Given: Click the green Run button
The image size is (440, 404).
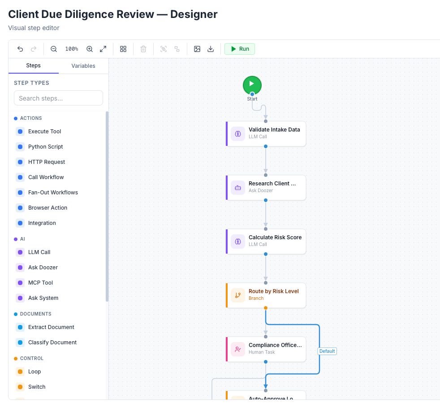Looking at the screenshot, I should pyautogui.click(x=240, y=49).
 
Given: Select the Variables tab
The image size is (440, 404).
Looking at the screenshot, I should pyautogui.click(x=83, y=66).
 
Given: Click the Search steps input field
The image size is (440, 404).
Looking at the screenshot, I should pyautogui.click(x=58, y=98).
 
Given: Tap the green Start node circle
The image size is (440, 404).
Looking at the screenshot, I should pyautogui.click(x=252, y=84).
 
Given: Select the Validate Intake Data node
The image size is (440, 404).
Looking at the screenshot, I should pyautogui.click(x=266, y=133).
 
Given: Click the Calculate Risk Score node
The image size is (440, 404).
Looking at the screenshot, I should pyautogui.click(x=266, y=241).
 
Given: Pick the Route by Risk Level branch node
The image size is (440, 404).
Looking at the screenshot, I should pyautogui.click(x=266, y=295).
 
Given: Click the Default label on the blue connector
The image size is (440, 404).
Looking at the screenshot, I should pyautogui.click(x=327, y=351).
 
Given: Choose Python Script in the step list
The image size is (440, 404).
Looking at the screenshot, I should pyautogui.click(x=45, y=147).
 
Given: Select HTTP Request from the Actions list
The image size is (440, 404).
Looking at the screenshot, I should pyautogui.click(x=46, y=162).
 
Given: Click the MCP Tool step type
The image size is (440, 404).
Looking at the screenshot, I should pyautogui.click(x=40, y=283).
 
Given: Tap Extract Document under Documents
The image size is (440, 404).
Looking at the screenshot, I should pyautogui.click(x=51, y=327).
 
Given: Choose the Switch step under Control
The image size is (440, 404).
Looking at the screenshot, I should pyautogui.click(x=37, y=387).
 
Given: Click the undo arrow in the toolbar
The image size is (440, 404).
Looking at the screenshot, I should pyautogui.click(x=20, y=49).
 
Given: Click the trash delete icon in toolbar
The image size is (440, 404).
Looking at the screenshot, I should pyautogui.click(x=143, y=49).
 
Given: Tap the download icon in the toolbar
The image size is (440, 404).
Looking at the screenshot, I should pyautogui.click(x=211, y=49).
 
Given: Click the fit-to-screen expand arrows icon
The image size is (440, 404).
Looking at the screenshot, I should pyautogui.click(x=103, y=49).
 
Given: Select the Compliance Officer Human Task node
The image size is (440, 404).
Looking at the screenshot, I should pyautogui.click(x=266, y=349).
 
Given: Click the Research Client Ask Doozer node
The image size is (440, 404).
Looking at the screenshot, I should pyautogui.click(x=266, y=187).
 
